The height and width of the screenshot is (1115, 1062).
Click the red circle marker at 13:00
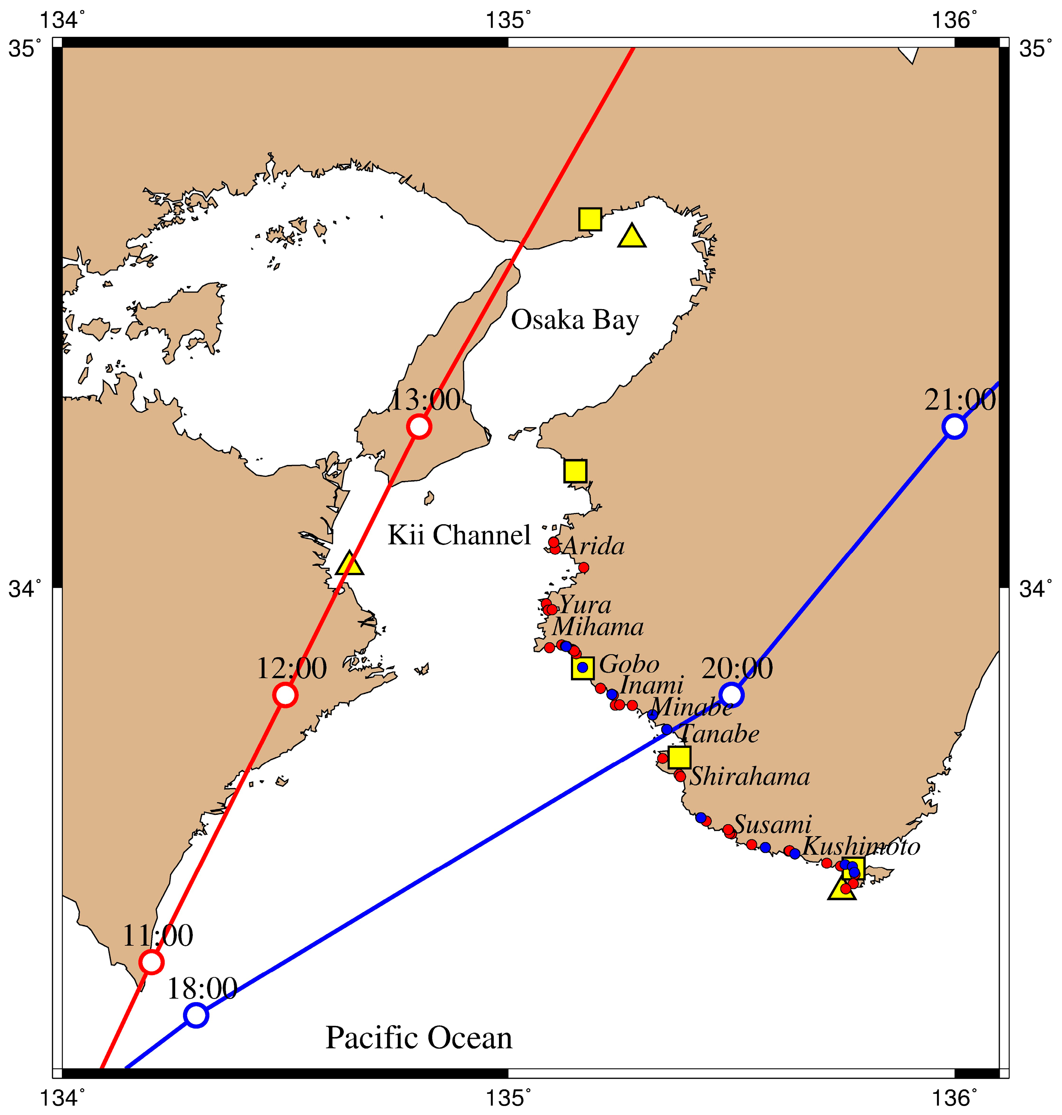click(x=419, y=426)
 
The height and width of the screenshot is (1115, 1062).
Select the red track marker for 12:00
click(x=285, y=694)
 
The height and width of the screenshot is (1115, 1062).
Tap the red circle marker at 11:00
click(x=151, y=962)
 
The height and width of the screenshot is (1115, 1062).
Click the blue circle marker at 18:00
click(x=196, y=1015)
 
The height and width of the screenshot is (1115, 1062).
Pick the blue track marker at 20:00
click(x=731, y=694)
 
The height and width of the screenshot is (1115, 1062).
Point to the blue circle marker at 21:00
click(x=955, y=426)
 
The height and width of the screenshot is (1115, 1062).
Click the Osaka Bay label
click(x=575, y=320)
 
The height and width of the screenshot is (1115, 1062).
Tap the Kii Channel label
click(x=459, y=535)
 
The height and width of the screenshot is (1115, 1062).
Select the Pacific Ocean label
click(x=419, y=1038)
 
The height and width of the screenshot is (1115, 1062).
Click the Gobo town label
click(x=629, y=664)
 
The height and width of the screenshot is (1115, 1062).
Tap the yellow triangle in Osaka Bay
click(x=632, y=236)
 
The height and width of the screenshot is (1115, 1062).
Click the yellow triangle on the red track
click(x=350, y=563)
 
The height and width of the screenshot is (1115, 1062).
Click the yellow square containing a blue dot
click(x=582, y=668)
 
